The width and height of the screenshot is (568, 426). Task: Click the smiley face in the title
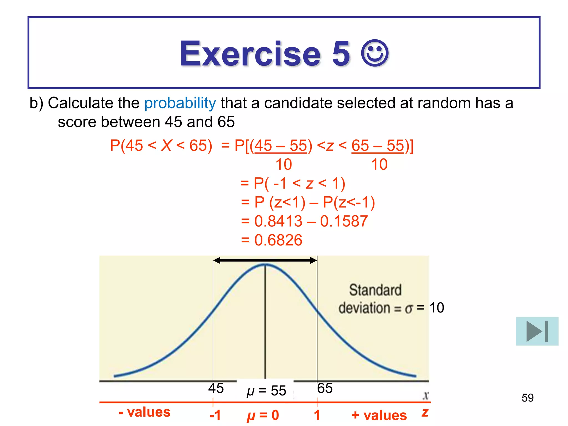click(375, 53)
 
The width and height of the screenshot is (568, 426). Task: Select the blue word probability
click(180, 103)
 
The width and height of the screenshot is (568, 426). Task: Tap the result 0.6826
click(278, 240)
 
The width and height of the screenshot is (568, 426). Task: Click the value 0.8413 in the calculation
click(278, 221)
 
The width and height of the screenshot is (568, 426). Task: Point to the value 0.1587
click(344, 221)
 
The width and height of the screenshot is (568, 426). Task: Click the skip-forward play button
click(537, 331)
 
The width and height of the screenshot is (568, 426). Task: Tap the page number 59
click(528, 398)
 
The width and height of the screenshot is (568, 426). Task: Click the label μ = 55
click(266, 391)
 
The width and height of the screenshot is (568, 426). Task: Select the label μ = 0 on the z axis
click(263, 415)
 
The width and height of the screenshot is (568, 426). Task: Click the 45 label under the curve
click(216, 388)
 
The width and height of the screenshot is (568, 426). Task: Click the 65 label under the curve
click(325, 388)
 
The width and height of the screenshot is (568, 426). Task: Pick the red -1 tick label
click(215, 415)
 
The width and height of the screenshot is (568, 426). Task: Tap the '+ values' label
click(379, 415)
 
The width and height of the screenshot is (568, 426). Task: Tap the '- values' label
click(144, 412)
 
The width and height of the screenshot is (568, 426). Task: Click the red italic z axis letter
click(425, 412)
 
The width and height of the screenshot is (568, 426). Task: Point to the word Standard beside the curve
click(375, 290)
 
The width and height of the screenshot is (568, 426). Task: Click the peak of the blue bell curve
click(265, 264)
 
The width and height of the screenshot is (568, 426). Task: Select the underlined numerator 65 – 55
click(378, 146)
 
